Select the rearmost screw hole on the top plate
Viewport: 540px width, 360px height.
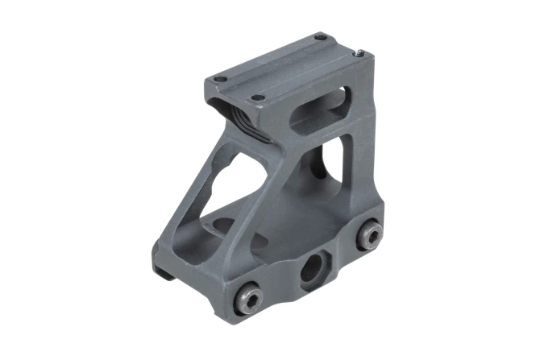320,36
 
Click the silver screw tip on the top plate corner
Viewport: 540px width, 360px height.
360,53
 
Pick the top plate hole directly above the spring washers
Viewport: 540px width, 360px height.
257,98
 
